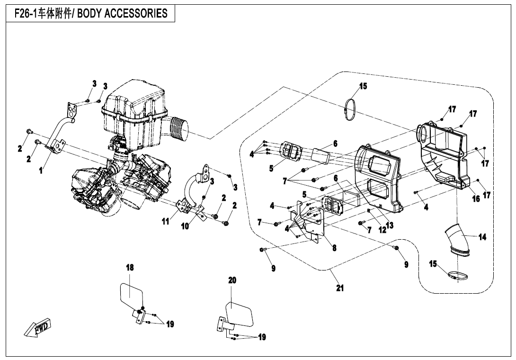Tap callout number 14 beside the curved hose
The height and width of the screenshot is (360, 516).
482,237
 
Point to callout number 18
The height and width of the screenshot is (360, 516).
129,268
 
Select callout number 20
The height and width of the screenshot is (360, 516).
232,280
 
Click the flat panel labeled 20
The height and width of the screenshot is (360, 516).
240,314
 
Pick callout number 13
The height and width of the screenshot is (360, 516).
390,225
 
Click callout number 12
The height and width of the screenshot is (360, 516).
382,230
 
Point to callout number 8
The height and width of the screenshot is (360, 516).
334,247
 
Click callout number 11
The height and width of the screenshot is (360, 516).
166,221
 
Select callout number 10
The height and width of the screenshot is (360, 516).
185,226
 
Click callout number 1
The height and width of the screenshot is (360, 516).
41,171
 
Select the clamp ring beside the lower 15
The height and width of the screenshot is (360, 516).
457,275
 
